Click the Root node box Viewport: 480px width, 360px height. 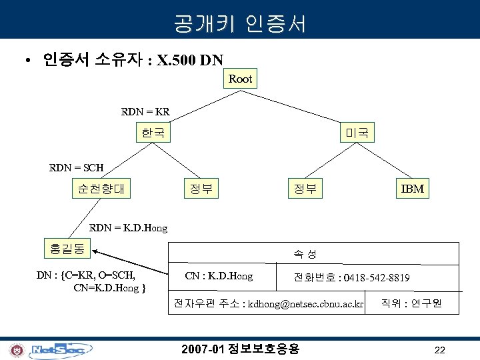[240, 79]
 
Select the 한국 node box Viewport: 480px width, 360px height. [153, 133]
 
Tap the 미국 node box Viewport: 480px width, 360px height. [357, 133]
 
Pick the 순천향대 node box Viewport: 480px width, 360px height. [101, 189]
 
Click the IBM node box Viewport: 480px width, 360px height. [412, 189]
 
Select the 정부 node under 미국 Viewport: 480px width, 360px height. [305, 189]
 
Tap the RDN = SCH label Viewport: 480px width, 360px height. [77, 167]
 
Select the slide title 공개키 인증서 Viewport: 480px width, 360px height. [240, 25]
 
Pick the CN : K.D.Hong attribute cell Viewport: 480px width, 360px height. [219, 276]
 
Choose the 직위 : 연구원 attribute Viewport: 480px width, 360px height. [411, 305]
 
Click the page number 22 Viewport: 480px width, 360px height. [439, 350]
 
